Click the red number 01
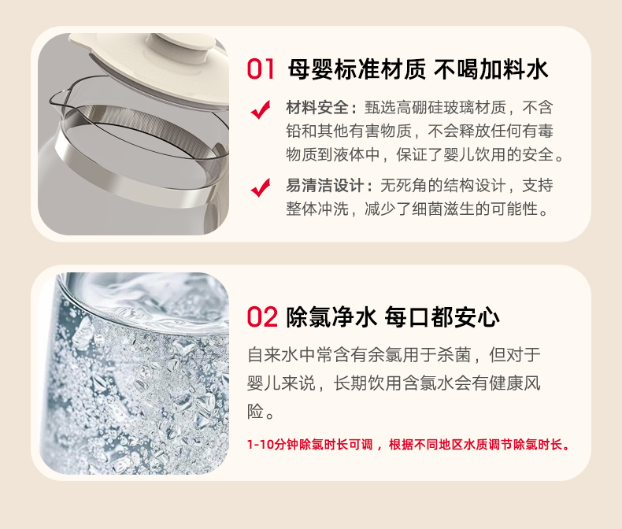tap(261, 69)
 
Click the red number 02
tap(262, 317)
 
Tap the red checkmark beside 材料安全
tap(261, 109)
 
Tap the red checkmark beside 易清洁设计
tap(261, 187)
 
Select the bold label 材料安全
tap(317, 108)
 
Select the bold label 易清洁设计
tap(325, 186)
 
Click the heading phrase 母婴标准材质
tap(357, 69)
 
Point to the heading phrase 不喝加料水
tap(491, 69)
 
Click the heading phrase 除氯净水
tap(331, 317)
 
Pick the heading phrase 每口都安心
tap(442, 317)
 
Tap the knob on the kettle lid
tap(180, 44)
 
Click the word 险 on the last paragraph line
tap(255, 412)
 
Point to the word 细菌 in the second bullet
tap(428, 209)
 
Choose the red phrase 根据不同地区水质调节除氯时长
tap(476, 445)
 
